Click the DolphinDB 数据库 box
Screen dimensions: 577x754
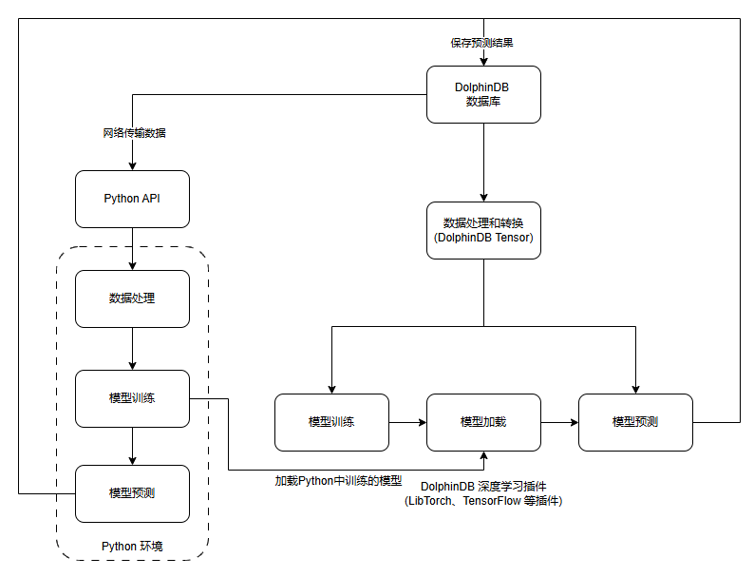pyautogui.click(x=483, y=94)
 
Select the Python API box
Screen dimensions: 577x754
pyautogui.click(x=132, y=199)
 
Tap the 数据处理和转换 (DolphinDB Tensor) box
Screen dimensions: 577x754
pyautogui.click(x=483, y=230)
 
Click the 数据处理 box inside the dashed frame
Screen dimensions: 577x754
pyautogui.click(x=132, y=298)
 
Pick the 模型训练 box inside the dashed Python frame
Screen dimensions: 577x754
pyautogui.click(x=132, y=398)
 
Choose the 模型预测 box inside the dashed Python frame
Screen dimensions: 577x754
pyautogui.click(x=132, y=493)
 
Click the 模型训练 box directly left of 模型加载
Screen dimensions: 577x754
pyautogui.click(x=331, y=422)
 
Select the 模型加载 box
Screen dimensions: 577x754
pyautogui.click(x=483, y=422)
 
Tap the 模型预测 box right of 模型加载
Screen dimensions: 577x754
pyautogui.click(x=635, y=422)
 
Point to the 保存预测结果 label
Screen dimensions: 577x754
pyautogui.click(x=482, y=43)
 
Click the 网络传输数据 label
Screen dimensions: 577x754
pyautogui.click(x=134, y=133)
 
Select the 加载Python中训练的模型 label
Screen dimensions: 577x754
pyautogui.click(x=339, y=481)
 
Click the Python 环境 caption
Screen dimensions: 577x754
pyautogui.click(x=132, y=546)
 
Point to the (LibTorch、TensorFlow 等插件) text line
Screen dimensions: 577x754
pyautogui.click(x=483, y=500)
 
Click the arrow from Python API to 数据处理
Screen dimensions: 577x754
pyautogui.click(x=132, y=249)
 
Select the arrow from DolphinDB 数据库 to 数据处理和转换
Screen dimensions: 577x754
pyautogui.click(x=483, y=162)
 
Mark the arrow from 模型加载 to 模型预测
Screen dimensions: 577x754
pyautogui.click(x=559, y=422)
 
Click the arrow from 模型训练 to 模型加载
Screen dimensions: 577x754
pyautogui.click(x=407, y=422)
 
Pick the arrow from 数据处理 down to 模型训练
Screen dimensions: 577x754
pyautogui.click(x=132, y=348)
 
